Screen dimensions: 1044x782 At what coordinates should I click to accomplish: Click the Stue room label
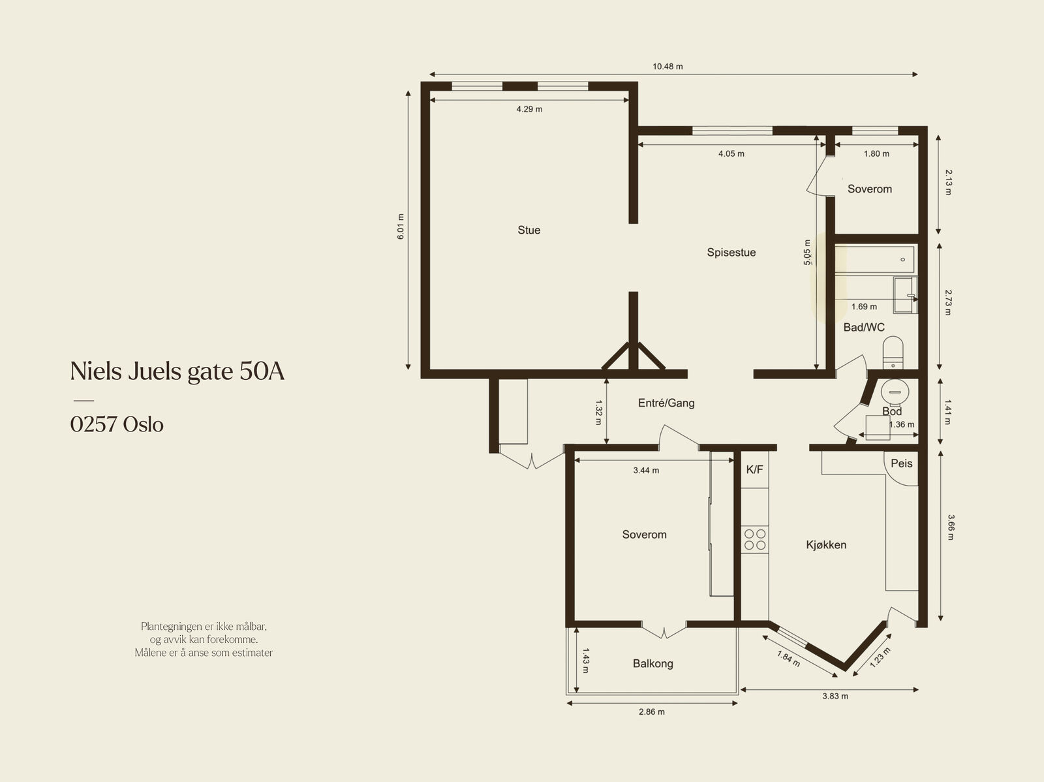point(529,230)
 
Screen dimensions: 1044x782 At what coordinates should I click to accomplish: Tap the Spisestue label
point(731,253)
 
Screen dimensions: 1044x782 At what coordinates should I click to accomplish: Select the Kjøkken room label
point(826,545)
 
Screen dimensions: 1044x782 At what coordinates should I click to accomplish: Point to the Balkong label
point(653,664)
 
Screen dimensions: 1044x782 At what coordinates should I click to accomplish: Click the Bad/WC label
point(864,327)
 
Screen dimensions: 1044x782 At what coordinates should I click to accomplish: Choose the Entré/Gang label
point(666,403)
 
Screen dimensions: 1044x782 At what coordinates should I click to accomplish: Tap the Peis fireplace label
point(901,463)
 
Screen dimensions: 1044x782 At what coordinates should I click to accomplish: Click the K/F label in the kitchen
point(754,470)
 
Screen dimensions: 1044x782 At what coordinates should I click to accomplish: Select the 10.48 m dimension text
point(668,67)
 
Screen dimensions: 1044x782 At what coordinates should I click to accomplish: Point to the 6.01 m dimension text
point(401,227)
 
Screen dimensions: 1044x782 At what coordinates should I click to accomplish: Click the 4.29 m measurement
point(529,110)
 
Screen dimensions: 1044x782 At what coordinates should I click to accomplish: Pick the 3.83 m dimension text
point(835,696)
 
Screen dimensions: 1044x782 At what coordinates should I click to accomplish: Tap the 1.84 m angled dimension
point(788,659)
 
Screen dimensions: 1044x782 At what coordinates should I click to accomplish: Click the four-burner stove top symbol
point(755,539)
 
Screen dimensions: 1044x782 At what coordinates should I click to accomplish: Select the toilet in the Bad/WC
point(893,352)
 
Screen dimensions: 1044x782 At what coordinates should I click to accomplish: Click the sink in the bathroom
point(905,296)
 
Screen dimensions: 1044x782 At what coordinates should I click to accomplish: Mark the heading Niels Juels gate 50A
point(177,371)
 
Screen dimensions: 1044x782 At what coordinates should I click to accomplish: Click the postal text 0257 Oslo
point(117,424)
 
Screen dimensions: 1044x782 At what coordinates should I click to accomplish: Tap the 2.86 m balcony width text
point(652,712)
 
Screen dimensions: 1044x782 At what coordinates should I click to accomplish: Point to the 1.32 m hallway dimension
point(599,413)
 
